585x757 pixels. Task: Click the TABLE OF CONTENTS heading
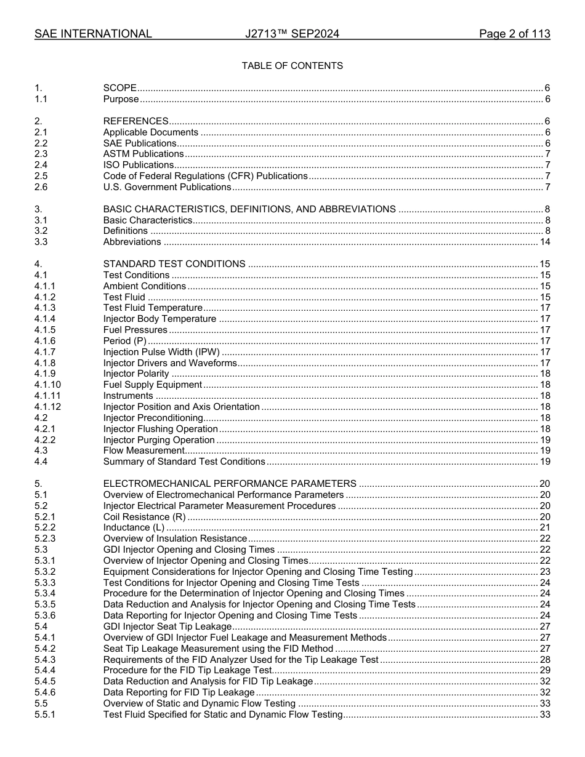(x=292, y=66)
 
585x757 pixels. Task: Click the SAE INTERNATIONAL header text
(x=93, y=34)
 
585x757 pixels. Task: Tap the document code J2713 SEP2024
(x=292, y=34)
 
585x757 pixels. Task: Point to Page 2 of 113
(x=514, y=34)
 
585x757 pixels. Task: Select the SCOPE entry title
(x=119, y=88)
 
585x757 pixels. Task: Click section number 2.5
(x=41, y=176)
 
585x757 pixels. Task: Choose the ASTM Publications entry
(x=143, y=154)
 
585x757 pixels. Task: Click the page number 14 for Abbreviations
(x=544, y=242)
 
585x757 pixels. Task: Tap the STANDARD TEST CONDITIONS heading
(x=174, y=264)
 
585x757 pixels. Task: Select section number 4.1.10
(x=47, y=385)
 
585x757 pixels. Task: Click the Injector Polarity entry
(x=136, y=374)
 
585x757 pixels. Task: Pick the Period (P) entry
(x=126, y=341)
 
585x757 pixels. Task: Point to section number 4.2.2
(x=45, y=440)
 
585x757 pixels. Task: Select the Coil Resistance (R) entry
(x=144, y=517)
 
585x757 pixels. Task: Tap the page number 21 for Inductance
(x=544, y=527)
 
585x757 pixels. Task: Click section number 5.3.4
(x=45, y=593)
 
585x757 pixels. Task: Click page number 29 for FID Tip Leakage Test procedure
(x=544, y=670)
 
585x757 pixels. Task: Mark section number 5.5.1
(x=45, y=715)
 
